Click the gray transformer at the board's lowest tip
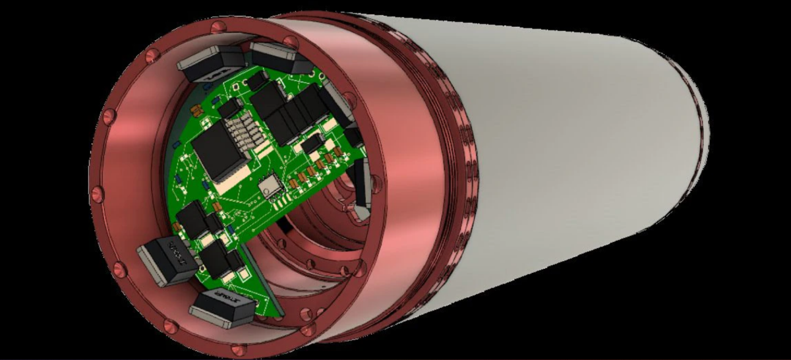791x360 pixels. (223, 308)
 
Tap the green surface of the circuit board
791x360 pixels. (198, 191)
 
